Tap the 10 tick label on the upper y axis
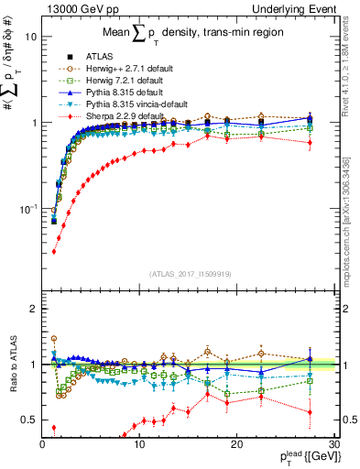pyautogui.click(x=30, y=38)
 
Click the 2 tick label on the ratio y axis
pyautogui.click(x=33, y=309)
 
